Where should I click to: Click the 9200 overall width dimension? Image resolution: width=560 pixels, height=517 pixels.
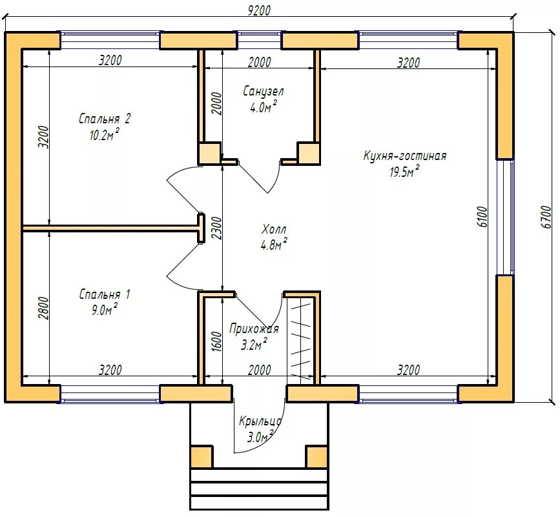[x=259, y=10]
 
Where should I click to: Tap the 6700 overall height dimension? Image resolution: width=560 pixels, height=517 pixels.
[x=546, y=217]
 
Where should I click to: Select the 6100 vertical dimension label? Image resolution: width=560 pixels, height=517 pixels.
[x=482, y=217]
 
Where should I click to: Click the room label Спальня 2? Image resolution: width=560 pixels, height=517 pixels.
[x=105, y=119]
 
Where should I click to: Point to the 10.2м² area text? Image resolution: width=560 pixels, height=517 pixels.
[x=104, y=135]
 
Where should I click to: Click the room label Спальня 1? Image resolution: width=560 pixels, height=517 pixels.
[x=105, y=294]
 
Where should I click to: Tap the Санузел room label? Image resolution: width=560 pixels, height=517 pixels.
[x=264, y=92]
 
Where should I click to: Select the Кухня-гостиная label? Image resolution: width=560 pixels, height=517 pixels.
[x=405, y=156]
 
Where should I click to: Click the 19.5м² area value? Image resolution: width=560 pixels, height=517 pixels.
[x=404, y=172]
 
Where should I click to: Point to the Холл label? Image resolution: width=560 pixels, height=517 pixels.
[x=274, y=228]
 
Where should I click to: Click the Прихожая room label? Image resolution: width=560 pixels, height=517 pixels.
[x=254, y=329]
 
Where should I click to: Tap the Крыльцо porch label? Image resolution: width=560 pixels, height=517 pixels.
[x=260, y=421]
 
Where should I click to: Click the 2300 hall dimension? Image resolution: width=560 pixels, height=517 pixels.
[x=217, y=228]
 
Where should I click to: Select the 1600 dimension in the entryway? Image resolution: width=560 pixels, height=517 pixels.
[x=217, y=341]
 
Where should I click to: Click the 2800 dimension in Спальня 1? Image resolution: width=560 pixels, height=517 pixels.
[x=43, y=308]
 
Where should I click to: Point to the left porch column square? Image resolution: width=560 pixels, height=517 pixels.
[x=202, y=456]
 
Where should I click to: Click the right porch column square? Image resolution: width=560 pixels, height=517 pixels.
[x=316, y=456]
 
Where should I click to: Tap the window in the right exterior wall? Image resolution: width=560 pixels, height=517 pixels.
[x=505, y=217]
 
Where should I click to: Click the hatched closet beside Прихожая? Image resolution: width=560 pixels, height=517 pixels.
[x=301, y=340]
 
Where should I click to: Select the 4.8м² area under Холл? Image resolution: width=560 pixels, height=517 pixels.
[x=274, y=245]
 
